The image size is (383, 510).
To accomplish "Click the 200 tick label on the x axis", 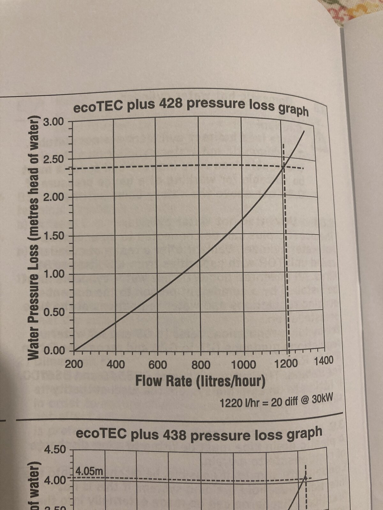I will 74,364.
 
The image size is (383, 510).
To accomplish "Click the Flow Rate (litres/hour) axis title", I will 200,381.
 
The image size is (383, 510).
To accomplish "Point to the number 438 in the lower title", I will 175,435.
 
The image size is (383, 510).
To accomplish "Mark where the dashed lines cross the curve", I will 283,166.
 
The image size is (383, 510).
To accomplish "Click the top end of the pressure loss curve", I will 304,131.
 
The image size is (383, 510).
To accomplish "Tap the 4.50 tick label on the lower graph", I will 56,450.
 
